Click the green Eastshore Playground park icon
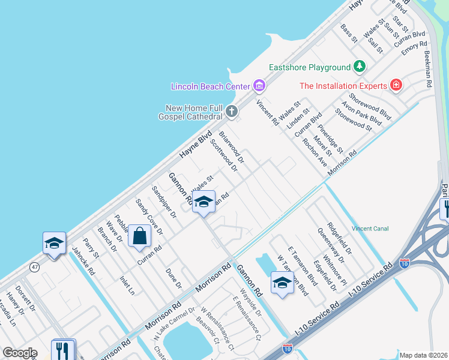360,66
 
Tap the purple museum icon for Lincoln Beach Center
259,86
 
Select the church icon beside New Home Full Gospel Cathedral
232,112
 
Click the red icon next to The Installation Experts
396,85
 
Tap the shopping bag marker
139,236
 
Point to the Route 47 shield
35,268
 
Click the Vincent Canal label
370,229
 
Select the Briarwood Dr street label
232,148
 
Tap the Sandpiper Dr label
164,202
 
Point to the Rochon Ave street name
315,153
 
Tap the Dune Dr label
173,281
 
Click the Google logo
20,353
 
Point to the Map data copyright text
423,355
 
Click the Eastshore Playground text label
309,67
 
